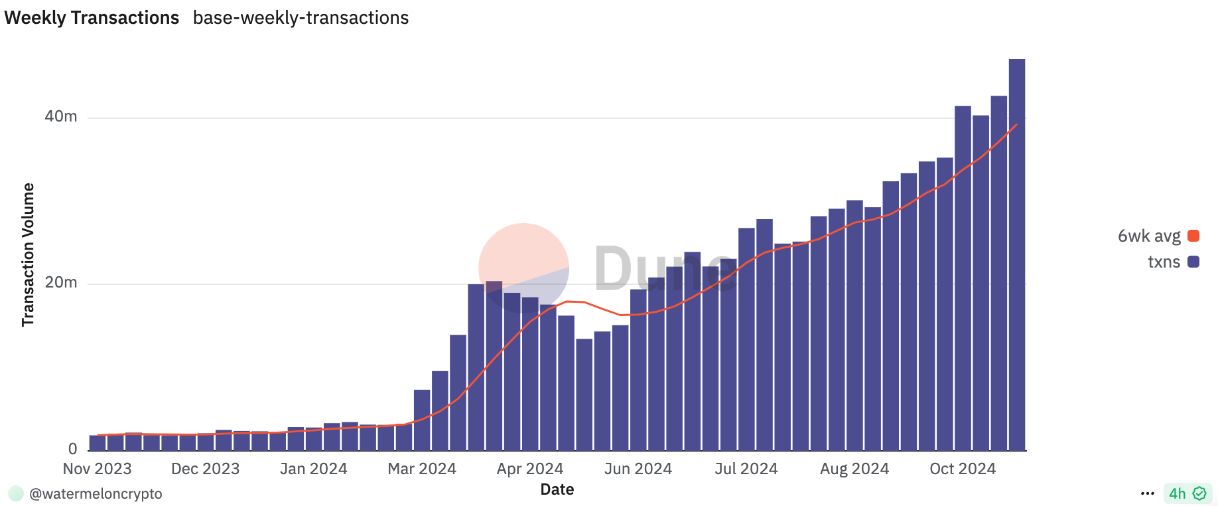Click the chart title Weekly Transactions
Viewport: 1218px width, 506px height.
coord(92,18)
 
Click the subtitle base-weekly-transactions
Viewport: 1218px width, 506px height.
coord(301,18)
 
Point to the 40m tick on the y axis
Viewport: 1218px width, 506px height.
coord(61,117)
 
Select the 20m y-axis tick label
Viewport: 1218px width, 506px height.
coord(61,283)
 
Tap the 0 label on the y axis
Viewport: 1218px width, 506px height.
coord(72,450)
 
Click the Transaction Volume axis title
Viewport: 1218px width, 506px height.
coord(28,255)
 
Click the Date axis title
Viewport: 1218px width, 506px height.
coord(557,490)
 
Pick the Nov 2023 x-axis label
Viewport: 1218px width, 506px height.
coord(97,469)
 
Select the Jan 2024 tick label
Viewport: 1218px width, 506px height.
coord(313,469)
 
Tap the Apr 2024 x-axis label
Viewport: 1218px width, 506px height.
coord(529,469)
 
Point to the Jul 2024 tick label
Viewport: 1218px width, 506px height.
coord(746,469)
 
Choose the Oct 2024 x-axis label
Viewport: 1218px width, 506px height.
coord(962,469)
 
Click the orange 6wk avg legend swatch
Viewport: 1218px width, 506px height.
coord(1193,236)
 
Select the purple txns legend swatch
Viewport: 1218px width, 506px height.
coord(1193,262)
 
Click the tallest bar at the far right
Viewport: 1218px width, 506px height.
coord(1016,252)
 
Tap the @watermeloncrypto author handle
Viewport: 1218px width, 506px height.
coord(96,494)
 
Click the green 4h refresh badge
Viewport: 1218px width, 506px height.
coord(1187,493)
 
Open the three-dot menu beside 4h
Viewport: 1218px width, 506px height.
coord(1148,493)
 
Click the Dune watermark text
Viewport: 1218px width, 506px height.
coord(663,269)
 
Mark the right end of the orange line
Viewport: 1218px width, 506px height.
coord(1016,125)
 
